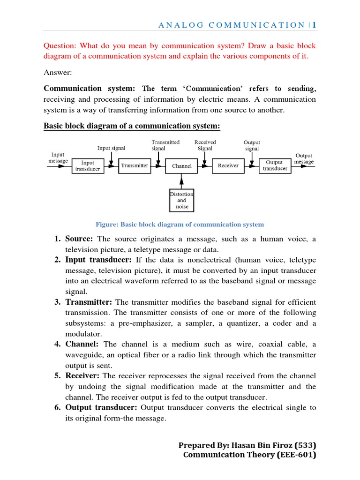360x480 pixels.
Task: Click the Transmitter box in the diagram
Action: [135, 166]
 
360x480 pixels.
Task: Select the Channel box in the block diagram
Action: [182, 166]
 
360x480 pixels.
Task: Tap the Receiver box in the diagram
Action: [228, 166]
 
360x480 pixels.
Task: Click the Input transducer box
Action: [88, 166]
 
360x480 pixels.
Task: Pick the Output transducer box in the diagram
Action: [275, 166]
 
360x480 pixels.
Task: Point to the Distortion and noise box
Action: [182, 200]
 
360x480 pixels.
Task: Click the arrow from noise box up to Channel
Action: [182, 181]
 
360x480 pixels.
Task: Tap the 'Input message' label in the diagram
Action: [58, 158]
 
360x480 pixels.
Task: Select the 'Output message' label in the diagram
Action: [304, 158]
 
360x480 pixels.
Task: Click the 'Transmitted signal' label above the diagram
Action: [165, 145]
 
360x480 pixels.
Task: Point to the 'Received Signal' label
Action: [205, 145]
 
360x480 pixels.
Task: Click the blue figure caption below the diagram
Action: [180, 225]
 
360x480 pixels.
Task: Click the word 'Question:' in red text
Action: [60, 46]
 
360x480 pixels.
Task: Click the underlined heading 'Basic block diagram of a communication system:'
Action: [132, 126]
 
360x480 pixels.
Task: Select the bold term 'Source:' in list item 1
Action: [79, 239]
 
